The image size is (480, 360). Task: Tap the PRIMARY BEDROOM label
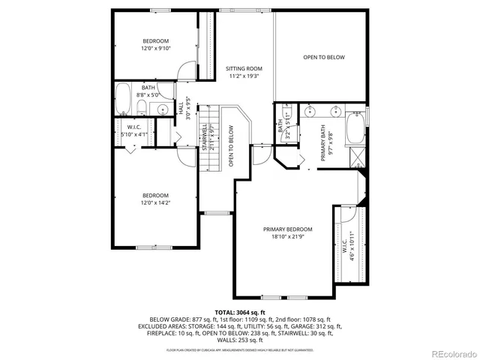(x=287, y=229)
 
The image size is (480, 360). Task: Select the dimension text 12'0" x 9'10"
(x=157, y=48)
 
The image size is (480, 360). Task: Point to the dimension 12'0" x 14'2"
(x=157, y=202)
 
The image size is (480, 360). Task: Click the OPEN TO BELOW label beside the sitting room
(x=324, y=57)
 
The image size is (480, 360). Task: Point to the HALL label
(x=181, y=109)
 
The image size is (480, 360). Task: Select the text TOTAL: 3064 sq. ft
(x=240, y=311)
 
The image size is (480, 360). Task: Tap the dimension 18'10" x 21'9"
(x=287, y=236)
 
